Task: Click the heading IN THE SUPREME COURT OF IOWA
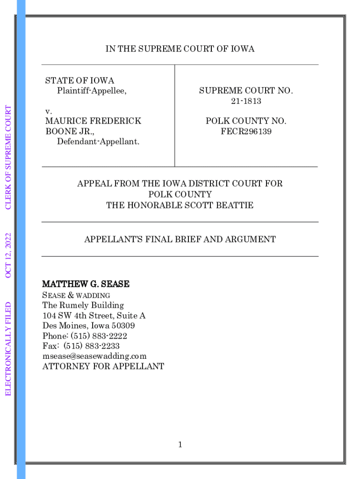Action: point(180,49)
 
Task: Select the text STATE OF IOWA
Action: point(79,81)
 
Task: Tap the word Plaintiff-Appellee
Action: point(92,91)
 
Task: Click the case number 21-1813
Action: point(246,101)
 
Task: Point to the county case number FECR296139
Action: point(246,131)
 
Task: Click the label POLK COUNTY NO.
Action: point(246,121)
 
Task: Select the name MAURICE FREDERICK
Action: point(93,121)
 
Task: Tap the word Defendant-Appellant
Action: point(98,141)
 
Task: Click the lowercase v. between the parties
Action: point(48,111)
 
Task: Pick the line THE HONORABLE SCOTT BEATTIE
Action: point(180,205)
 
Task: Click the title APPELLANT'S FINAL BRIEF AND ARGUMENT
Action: point(180,239)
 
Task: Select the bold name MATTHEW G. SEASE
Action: point(86,284)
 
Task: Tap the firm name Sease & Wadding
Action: point(76,295)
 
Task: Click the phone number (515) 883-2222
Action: point(99,336)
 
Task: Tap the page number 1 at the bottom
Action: point(180,445)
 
